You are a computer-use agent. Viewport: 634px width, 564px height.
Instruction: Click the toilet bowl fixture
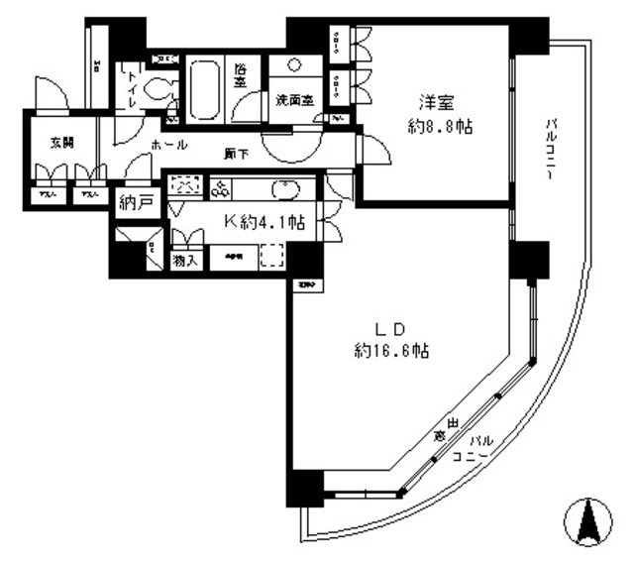click(x=155, y=90)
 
